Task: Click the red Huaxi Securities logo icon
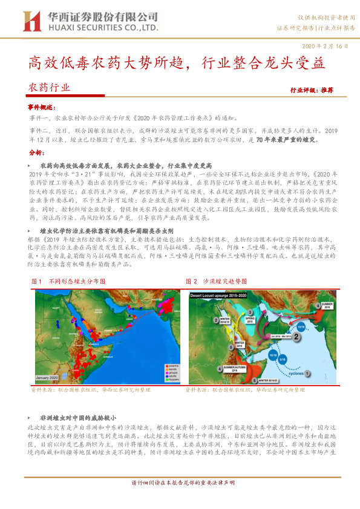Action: click(32, 21)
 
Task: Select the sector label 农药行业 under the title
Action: click(50, 88)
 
